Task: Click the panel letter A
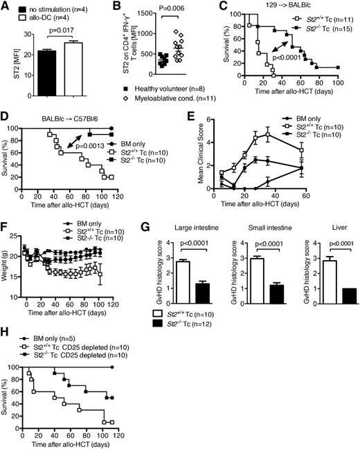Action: point(6,6)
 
